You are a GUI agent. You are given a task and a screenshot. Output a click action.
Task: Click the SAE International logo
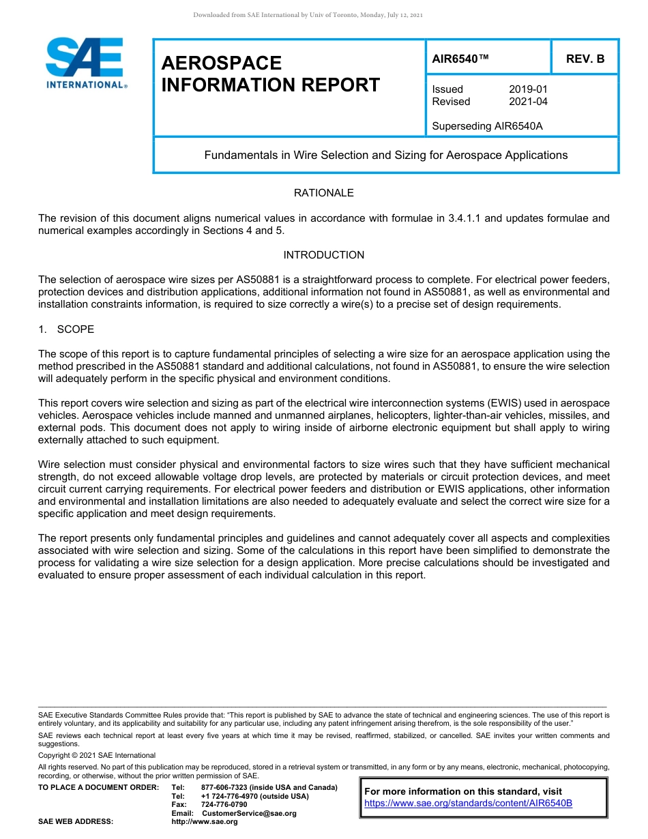coord(85,63)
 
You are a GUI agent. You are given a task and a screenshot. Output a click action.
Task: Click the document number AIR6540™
coord(461,59)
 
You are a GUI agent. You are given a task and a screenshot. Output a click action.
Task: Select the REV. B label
coord(585,59)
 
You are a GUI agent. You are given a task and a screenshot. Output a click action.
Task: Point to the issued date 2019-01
coord(528,89)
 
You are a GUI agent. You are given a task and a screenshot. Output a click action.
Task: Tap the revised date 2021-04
coord(528,102)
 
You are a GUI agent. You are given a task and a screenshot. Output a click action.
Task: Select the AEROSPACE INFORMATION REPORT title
coord(270,74)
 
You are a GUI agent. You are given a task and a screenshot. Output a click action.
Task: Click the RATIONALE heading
coord(323,193)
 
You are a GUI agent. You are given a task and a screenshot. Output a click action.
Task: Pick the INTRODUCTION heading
coord(323,255)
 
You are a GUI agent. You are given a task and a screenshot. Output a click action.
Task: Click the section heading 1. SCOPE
coord(66,329)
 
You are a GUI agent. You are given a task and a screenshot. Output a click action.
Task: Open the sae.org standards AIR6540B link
coord(468,804)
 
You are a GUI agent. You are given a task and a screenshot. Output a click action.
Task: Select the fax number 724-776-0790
coord(224,805)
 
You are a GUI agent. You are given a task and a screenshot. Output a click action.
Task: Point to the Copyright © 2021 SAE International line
coord(97,755)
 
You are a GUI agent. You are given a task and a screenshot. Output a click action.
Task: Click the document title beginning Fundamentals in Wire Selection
coord(385,155)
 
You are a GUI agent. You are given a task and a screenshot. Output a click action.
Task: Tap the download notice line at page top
coord(308,15)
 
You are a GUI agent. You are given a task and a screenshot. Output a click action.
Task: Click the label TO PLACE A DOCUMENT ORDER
coord(98,788)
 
